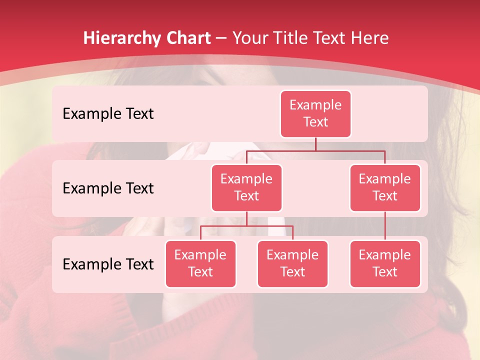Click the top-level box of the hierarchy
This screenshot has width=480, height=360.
[315, 113]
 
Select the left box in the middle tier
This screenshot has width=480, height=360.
[246, 187]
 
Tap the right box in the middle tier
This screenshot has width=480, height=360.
[385, 187]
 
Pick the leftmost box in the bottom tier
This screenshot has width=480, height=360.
[200, 263]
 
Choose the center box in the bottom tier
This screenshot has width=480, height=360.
[292, 263]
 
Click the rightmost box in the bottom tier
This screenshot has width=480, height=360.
[385, 263]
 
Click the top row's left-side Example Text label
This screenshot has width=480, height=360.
[108, 114]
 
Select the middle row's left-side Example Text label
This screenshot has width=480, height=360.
[108, 188]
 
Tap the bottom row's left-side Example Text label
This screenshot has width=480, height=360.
[108, 264]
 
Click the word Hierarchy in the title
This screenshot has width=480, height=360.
[121, 38]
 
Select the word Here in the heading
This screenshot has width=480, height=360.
[370, 38]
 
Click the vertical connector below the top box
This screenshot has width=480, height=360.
[315, 144]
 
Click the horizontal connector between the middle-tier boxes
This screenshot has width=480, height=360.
[315, 150]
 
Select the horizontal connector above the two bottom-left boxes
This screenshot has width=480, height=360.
[246, 226]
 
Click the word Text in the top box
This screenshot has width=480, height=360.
[315, 122]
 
